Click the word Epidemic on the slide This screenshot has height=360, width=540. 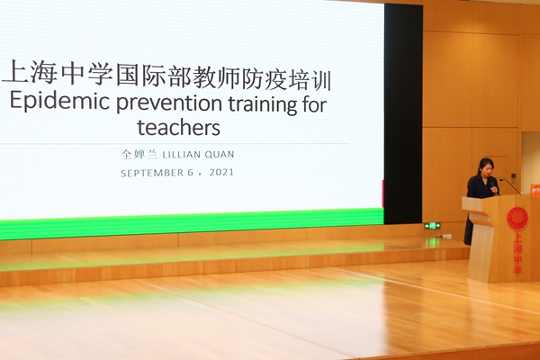click(x=59, y=102)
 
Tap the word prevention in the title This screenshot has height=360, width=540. click(x=169, y=103)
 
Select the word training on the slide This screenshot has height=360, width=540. click(x=263, y=103)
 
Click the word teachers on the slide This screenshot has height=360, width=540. click(x=178, y=127)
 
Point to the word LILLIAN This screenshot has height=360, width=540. click(x=181, y=155)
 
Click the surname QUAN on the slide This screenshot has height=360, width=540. click(x=220, y=154)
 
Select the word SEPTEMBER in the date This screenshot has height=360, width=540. click(x=152, y=173)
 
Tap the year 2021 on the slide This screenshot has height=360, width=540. click(x=221, y=172)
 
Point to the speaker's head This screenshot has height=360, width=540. click(x=486, y=166)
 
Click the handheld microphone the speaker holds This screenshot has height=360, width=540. click(x=494, y=188)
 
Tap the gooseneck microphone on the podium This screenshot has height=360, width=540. click(x=510, y=186)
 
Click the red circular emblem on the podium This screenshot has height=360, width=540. click(x=517, y=219)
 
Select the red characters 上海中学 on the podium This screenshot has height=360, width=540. click(x=517, y=254)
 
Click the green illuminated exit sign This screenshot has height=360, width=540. click(x=432, y=226)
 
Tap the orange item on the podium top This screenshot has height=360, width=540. click(x=535, y=189)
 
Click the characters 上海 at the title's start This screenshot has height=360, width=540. click(x=31, y=72)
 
